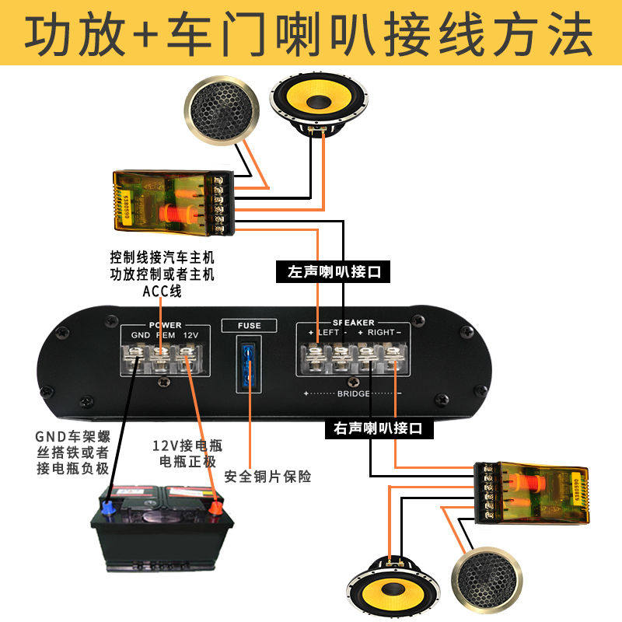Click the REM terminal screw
pos(162,359)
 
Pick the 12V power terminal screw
pos(186,359)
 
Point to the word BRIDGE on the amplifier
pos(354,394)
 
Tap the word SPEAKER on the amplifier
pos(354,322)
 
